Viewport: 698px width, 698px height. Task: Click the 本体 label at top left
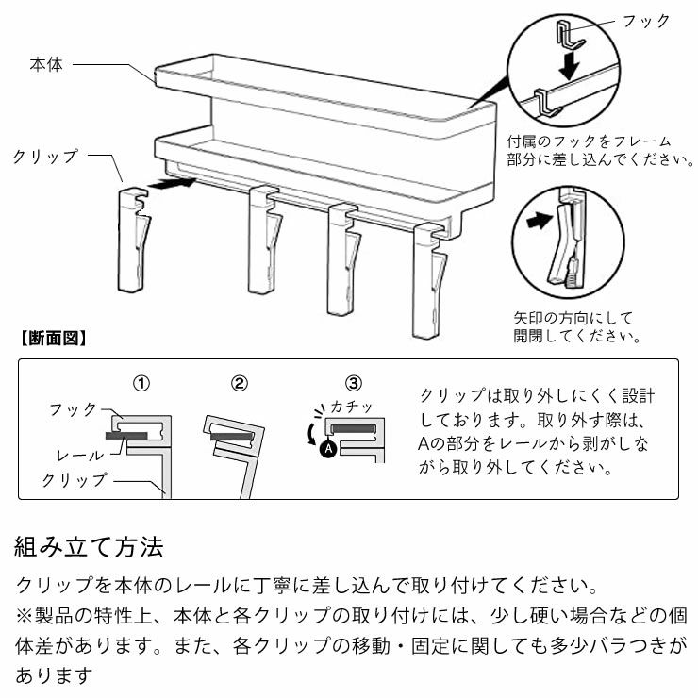[x=46, y=65]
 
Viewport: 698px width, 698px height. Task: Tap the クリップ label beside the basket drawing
[x=45, y=157]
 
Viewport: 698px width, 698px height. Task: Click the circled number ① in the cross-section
[x=141, y=384]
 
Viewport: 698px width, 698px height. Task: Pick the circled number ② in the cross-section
[x=240, y=384]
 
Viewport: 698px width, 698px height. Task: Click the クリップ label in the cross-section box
[x=75, y=480]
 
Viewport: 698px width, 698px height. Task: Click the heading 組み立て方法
[x=90, y=546]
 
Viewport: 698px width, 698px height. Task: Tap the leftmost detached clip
[x=133, y=241]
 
